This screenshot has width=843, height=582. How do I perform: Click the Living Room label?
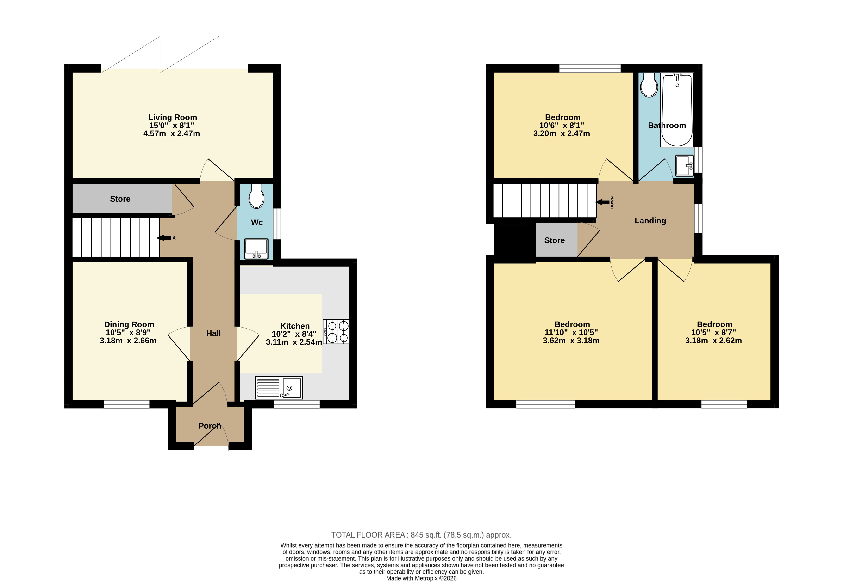tap(172, 117)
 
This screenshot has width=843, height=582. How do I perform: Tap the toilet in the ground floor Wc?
tap(256, 196)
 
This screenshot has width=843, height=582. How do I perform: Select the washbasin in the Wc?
tap(256, 249)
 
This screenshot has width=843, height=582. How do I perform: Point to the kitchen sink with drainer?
tap(279, 387)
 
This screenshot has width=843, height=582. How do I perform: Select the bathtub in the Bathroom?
tap(677, 110)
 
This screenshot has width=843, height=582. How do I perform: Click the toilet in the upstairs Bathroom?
tap(649, 85)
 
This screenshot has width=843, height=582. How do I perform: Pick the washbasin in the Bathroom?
tap(684, 165)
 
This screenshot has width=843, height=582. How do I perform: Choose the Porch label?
tap(210, 426)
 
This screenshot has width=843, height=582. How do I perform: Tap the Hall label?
tap(214, 333)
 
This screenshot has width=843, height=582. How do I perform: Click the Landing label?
tap(650, 221)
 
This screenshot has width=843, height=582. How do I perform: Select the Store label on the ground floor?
tap(120, 199)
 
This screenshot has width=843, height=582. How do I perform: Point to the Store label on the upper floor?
tap(554, 240)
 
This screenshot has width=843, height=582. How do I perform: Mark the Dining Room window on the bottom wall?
tap(126, 404)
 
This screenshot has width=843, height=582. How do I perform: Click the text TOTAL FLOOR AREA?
tap(368, 535)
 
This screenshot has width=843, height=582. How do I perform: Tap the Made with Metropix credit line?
tap(421, 578)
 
